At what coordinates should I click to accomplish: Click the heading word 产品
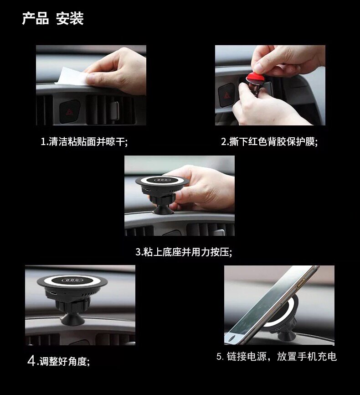(35, 18)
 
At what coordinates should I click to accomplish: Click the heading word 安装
(70, 18)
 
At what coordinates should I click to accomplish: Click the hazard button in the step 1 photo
(69, 111)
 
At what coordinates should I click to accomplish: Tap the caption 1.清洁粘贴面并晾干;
(84, 141)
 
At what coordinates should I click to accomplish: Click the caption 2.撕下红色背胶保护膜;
(269, 141)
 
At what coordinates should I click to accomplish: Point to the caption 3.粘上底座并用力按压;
(184, 252)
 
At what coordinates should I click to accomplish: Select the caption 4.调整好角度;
(58, 361)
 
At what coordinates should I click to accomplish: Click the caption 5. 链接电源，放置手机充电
(277, 356)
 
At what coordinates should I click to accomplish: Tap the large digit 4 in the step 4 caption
(31, 361)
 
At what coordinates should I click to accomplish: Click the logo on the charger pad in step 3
(162, 180)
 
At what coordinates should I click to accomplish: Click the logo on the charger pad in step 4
(72, 280)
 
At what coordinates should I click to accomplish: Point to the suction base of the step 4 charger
(73, 319)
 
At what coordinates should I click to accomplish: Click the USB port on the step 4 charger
(53, 293)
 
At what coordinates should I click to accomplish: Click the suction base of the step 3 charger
(162, 210)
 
